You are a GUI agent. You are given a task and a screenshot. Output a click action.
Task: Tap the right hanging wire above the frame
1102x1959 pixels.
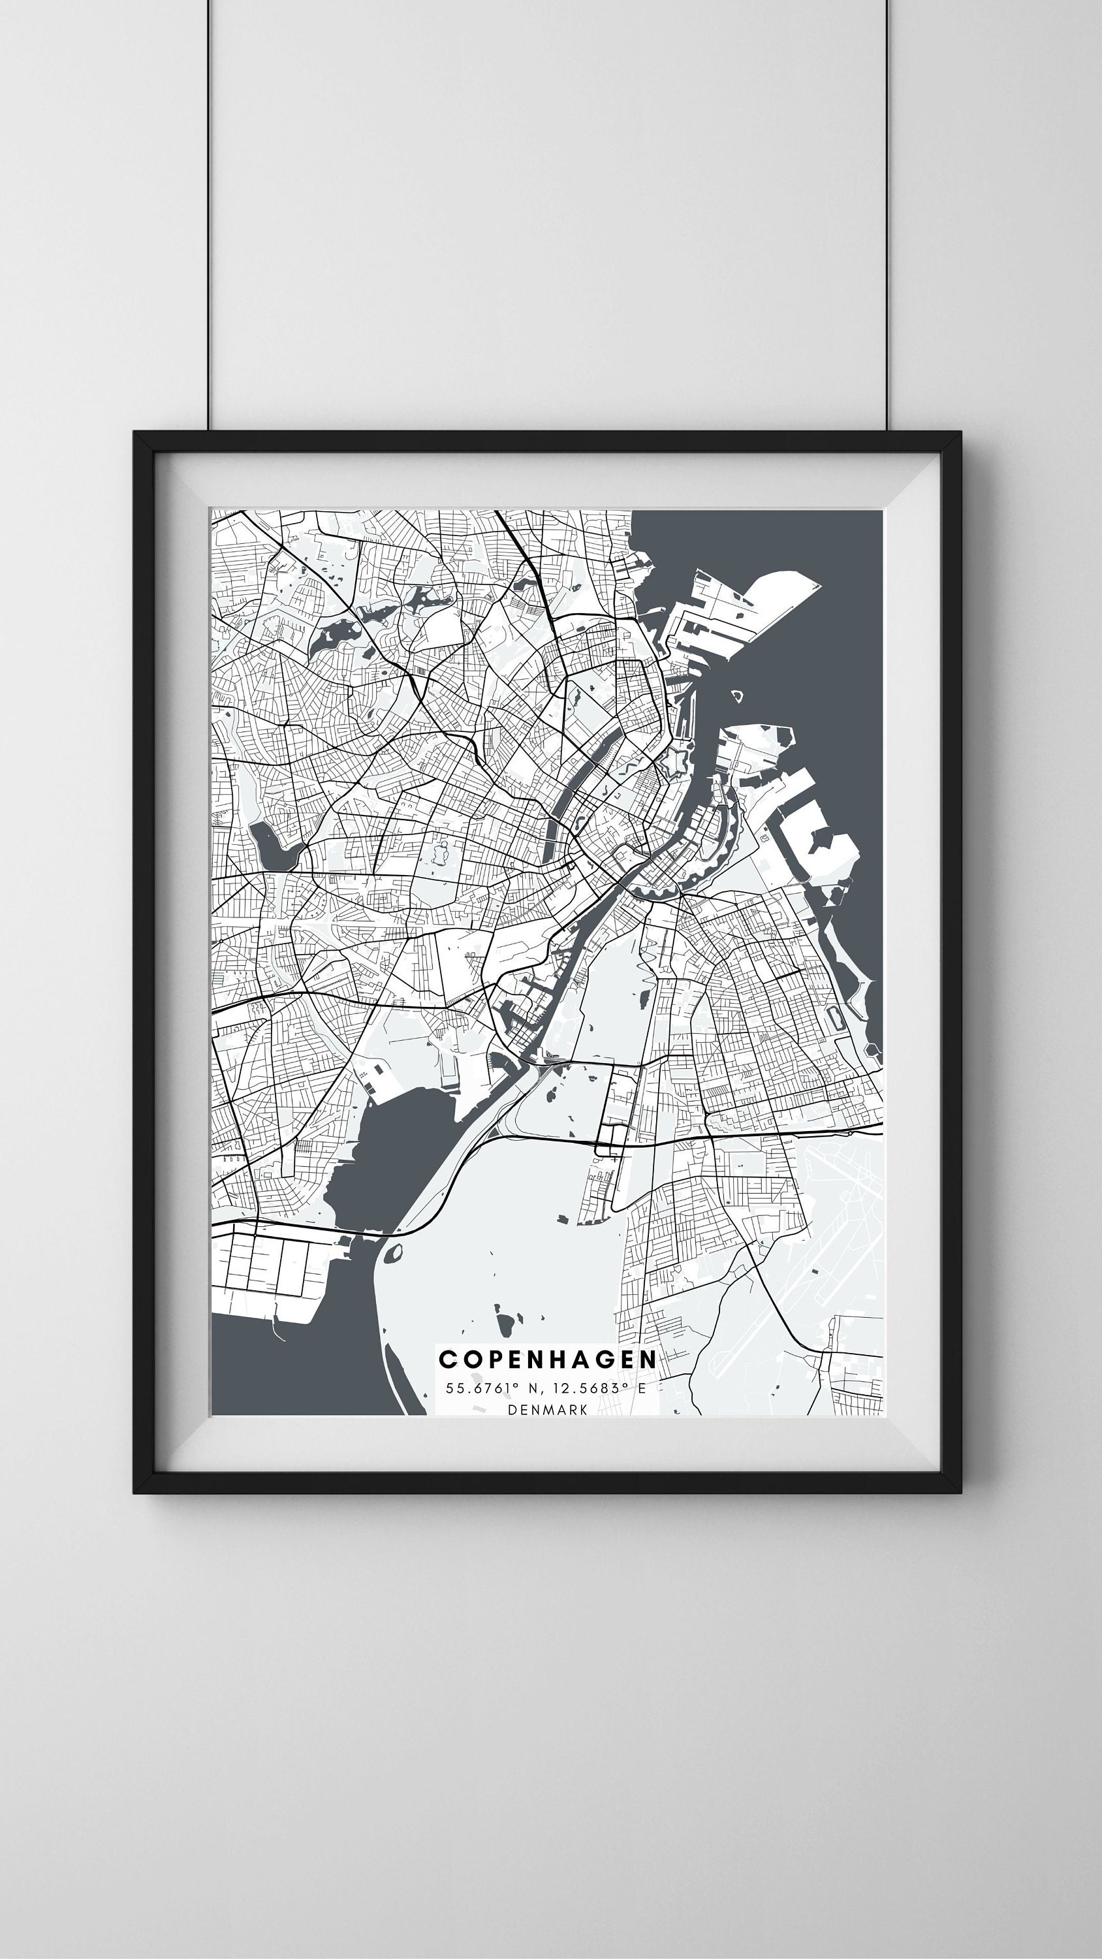click(884, 213)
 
